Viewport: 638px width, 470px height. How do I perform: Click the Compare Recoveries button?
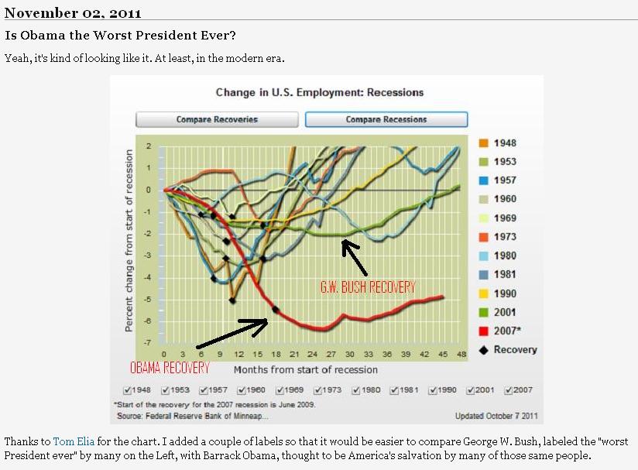217,119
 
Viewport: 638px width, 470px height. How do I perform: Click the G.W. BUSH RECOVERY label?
368,287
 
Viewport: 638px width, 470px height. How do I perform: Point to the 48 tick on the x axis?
460,354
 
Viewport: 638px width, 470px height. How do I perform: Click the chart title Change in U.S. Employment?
320,93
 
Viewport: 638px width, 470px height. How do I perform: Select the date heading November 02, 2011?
73,12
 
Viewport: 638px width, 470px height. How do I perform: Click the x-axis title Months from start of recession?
306,369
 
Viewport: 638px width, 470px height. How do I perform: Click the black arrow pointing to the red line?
232,334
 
